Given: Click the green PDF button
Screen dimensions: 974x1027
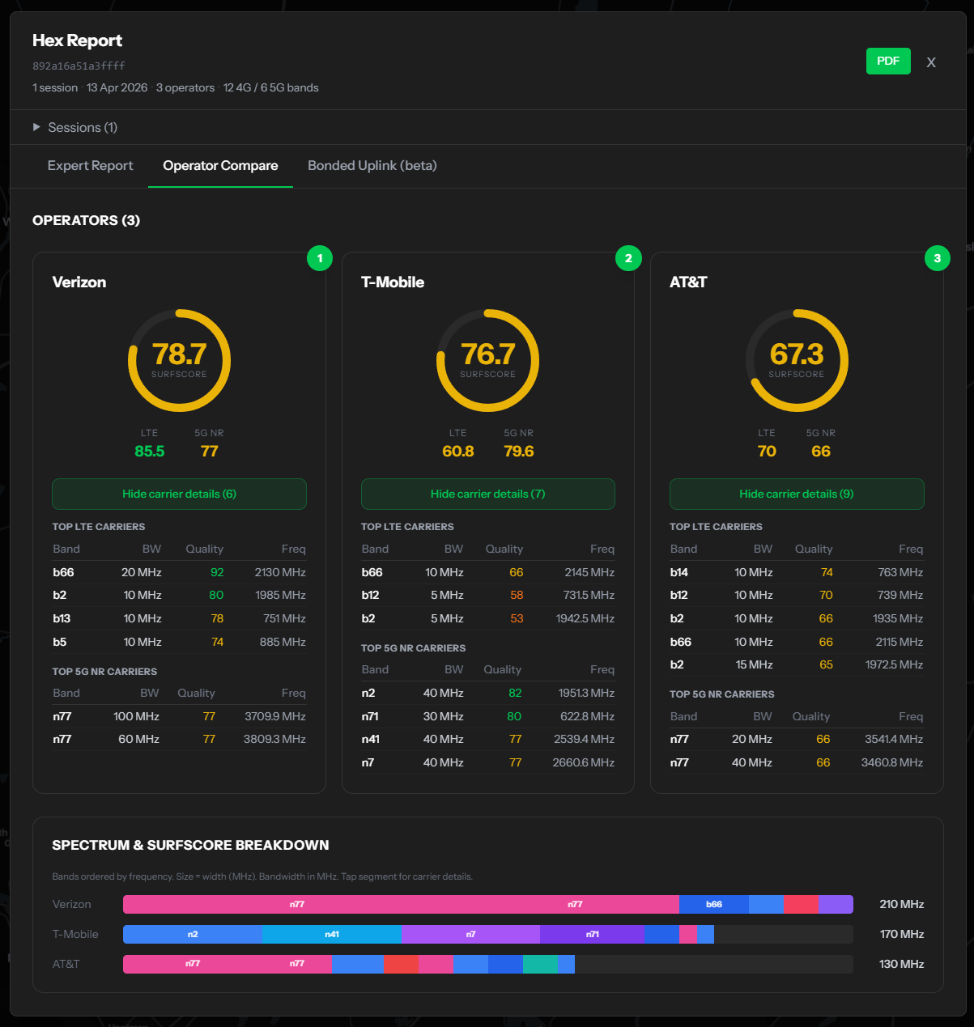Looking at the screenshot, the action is click(887, 62).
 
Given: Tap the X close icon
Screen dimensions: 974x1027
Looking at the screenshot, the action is click(930, 62).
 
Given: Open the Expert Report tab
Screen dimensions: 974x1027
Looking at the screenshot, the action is click(90, 166).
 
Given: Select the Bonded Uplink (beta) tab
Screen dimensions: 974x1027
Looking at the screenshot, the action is click(372, 166).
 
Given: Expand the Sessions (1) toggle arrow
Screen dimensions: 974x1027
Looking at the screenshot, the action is click(36, 127).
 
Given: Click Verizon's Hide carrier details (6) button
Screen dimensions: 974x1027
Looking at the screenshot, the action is click(179, 494).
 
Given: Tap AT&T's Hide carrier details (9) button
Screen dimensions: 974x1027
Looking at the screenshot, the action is click(796, 494).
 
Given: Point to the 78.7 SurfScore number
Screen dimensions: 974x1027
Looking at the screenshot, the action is click(179, 354).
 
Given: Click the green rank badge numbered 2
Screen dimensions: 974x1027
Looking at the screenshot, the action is click(628, 258).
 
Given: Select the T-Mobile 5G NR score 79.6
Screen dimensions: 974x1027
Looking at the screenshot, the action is click(519, 451).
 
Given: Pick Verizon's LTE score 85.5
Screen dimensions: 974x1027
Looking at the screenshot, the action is click(150, 451).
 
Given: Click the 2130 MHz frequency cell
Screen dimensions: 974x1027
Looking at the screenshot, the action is click(279, 572).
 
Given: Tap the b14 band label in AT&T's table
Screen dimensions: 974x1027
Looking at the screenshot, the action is click(678, 572).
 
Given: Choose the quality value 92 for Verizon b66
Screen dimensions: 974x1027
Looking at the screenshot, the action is click(217, 572).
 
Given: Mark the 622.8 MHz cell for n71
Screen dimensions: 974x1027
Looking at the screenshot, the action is click(587, 715).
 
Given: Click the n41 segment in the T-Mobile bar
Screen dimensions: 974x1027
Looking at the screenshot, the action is click(331, 934).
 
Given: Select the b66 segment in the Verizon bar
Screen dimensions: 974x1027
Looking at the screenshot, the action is click(713, 904).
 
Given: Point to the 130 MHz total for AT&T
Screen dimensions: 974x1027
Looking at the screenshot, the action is click(901, 964).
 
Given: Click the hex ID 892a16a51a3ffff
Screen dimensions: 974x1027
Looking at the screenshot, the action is click(79, 66).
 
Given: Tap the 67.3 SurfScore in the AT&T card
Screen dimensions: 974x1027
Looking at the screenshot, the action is click(796, 354).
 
